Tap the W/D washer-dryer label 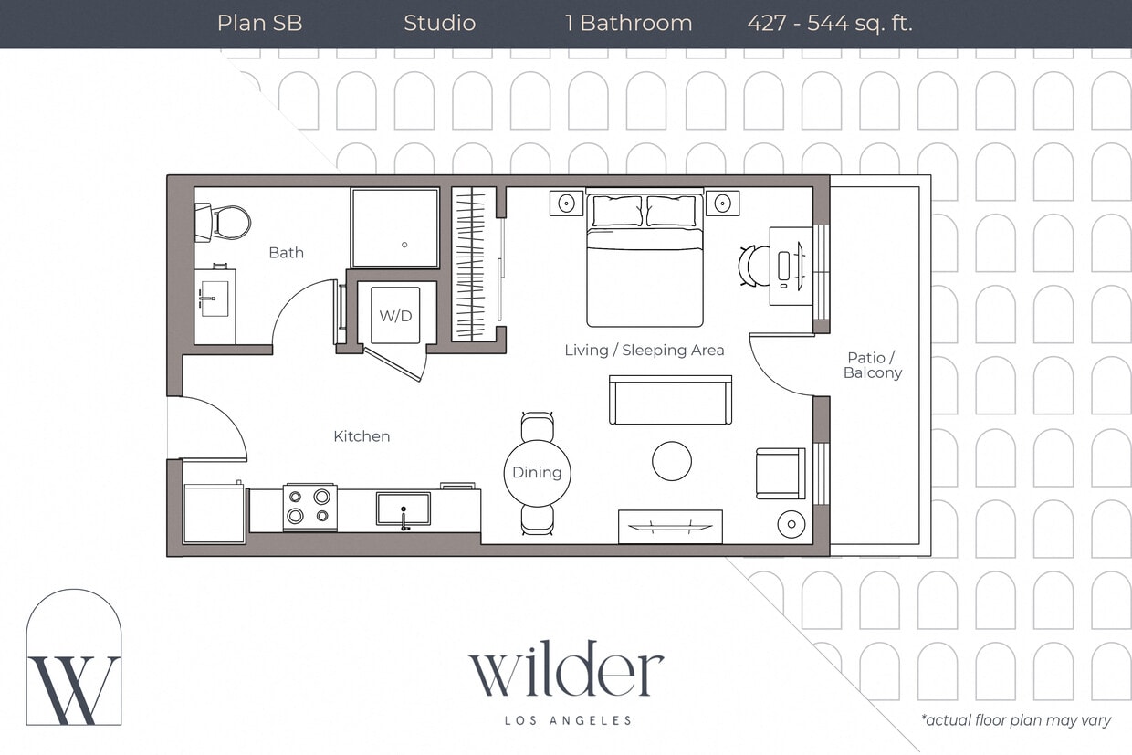395,316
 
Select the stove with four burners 309,508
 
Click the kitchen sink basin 403,509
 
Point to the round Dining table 537,472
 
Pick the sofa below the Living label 670,401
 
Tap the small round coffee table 672,461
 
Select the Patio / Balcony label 873,365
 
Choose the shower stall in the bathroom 395,228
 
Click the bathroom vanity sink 215,299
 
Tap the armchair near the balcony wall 780,473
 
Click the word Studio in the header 439,24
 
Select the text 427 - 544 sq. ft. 829,24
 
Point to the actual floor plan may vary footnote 1016,720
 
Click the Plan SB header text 259,24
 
